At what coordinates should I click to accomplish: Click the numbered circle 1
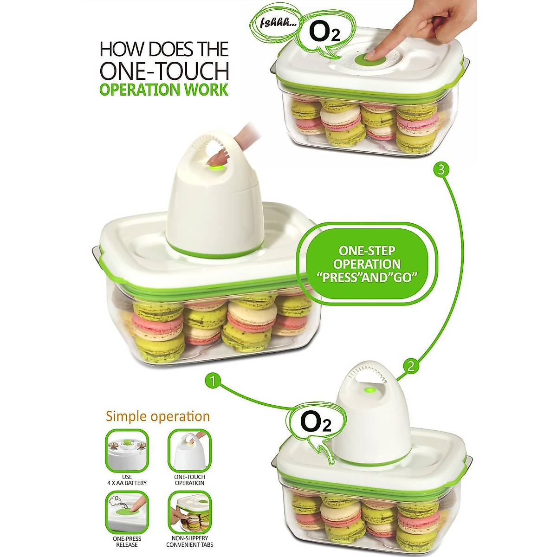tap(213, 382)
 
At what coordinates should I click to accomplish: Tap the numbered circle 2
tap(411, 367)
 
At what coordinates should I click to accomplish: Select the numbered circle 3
tap(441, 170)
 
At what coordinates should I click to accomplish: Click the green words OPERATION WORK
tap(164, 89)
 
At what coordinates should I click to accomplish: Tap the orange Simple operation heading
tap(158, 416)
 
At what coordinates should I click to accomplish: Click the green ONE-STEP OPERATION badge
tap(367, 264)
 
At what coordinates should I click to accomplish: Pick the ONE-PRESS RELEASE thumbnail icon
tap(127, 513)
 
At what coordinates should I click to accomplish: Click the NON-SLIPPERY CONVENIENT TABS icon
tap(189, 513)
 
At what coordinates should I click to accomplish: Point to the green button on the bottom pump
tap(369, 390)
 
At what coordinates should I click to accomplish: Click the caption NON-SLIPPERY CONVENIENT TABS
tap(189, 542)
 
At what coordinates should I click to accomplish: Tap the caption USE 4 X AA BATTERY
tap(127, 480)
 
